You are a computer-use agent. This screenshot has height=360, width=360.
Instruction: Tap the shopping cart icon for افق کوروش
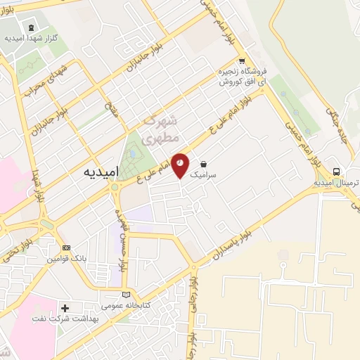point(242,61)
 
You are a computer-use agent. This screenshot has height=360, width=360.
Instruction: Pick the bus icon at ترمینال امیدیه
point(337,172)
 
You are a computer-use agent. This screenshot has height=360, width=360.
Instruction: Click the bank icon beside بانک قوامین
point(67,248)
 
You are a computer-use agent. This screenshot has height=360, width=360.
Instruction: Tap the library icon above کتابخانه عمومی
point(126,295)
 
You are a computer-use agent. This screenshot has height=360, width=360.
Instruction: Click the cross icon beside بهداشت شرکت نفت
point(65,308)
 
